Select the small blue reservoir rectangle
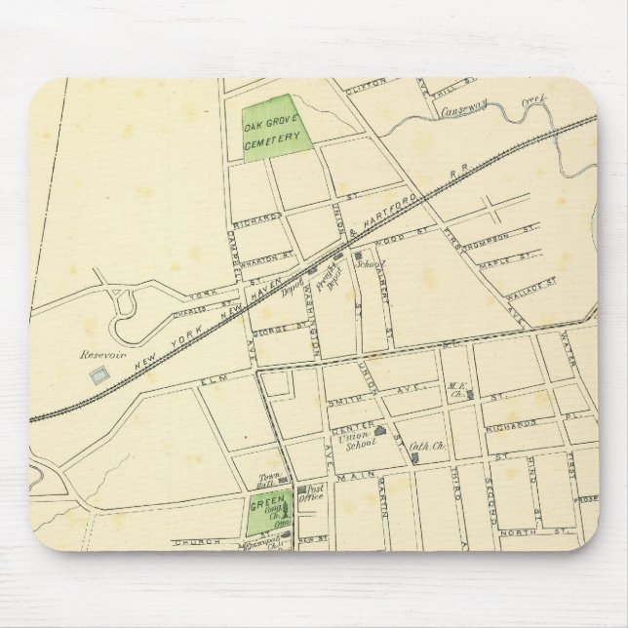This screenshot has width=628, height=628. click(x=98, y=374)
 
